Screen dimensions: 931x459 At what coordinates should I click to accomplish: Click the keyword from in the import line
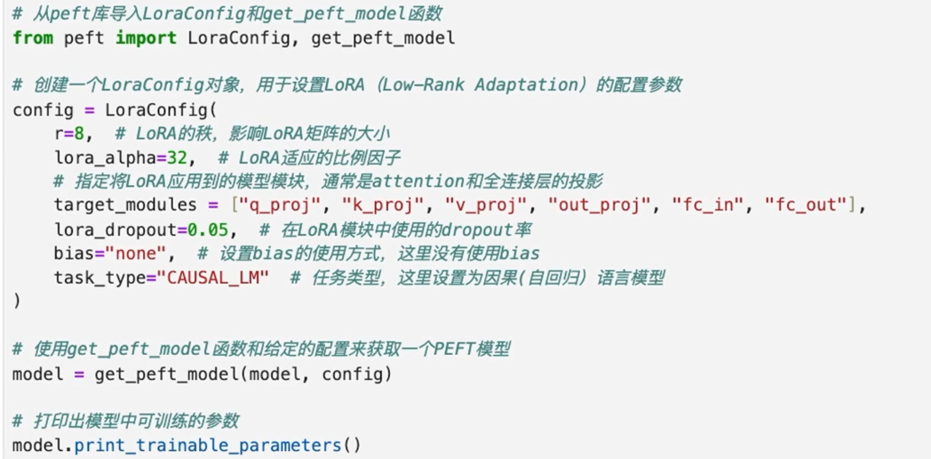33,37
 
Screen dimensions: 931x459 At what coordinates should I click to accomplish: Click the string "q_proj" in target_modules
280,205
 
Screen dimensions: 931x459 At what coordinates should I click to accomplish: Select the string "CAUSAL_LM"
213,278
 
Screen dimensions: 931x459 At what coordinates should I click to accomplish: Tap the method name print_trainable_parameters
208,445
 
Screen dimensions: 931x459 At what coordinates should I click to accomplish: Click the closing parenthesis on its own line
17,302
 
